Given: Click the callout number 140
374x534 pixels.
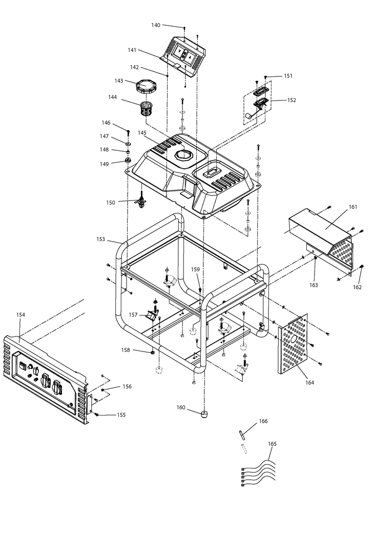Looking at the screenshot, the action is coord(156,25).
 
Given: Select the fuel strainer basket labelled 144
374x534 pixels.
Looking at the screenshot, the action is coord(147,108).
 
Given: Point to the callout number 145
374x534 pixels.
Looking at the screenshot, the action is coord(142,132).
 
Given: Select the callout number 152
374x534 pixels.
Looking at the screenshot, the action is coord(292,100).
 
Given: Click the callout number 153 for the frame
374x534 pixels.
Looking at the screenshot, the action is coord(100,240).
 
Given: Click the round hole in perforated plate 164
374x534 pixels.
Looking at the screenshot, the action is coord(294,340).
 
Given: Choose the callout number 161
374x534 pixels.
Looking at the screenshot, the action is coord(354,207).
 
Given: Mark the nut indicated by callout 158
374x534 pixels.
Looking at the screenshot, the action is coord(152,352).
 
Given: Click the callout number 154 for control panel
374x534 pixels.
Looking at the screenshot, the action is coord(20,314).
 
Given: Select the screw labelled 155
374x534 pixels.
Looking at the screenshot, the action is coord(97,414).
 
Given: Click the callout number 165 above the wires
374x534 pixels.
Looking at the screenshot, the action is coord(273,444).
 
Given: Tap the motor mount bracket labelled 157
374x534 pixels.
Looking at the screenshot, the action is coord(151,315).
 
